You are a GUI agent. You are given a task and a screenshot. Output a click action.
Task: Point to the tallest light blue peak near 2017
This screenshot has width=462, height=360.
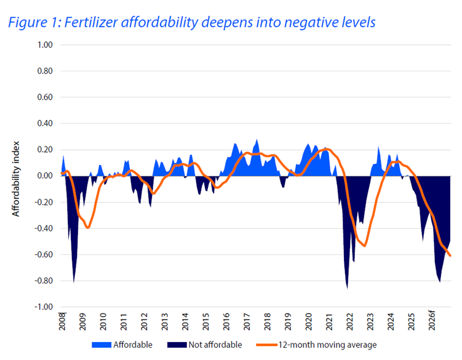[x=257, y=140]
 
